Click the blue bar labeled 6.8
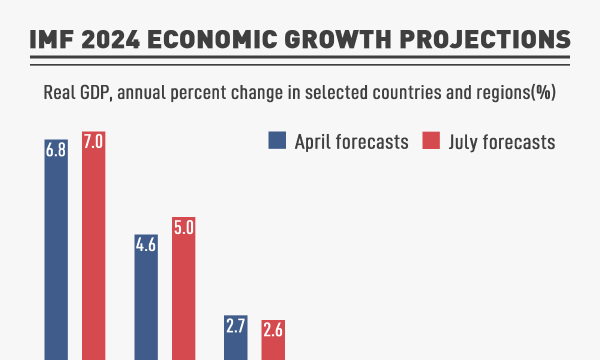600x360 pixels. pos(56,260)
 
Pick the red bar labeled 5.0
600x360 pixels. pos(183,295)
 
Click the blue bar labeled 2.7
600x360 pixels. pos(235,345)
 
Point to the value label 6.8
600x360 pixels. pos(56,150)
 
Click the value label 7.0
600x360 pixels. pos(93,142)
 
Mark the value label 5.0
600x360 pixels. pos(183,228)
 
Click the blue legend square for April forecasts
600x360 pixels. pos(277,140)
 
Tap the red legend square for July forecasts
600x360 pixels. pos(431,140)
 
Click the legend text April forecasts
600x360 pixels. pos(351,142)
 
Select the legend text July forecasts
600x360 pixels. pos(501,142)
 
